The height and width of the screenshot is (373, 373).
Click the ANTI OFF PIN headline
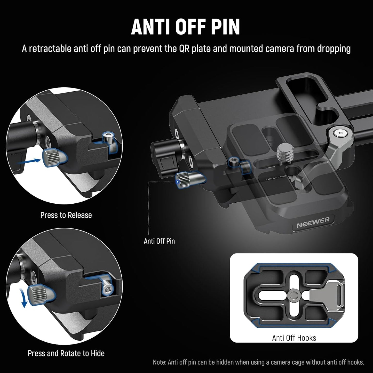186,27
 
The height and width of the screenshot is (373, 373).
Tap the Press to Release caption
66,215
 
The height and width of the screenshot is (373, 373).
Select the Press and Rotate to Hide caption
66,353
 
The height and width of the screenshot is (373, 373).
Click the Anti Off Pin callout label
159,241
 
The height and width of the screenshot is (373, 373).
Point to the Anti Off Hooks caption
294,338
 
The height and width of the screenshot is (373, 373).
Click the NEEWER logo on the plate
313,222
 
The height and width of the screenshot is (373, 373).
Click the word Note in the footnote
159,362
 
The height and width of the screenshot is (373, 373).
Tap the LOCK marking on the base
271,179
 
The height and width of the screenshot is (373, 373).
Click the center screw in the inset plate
294,295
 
